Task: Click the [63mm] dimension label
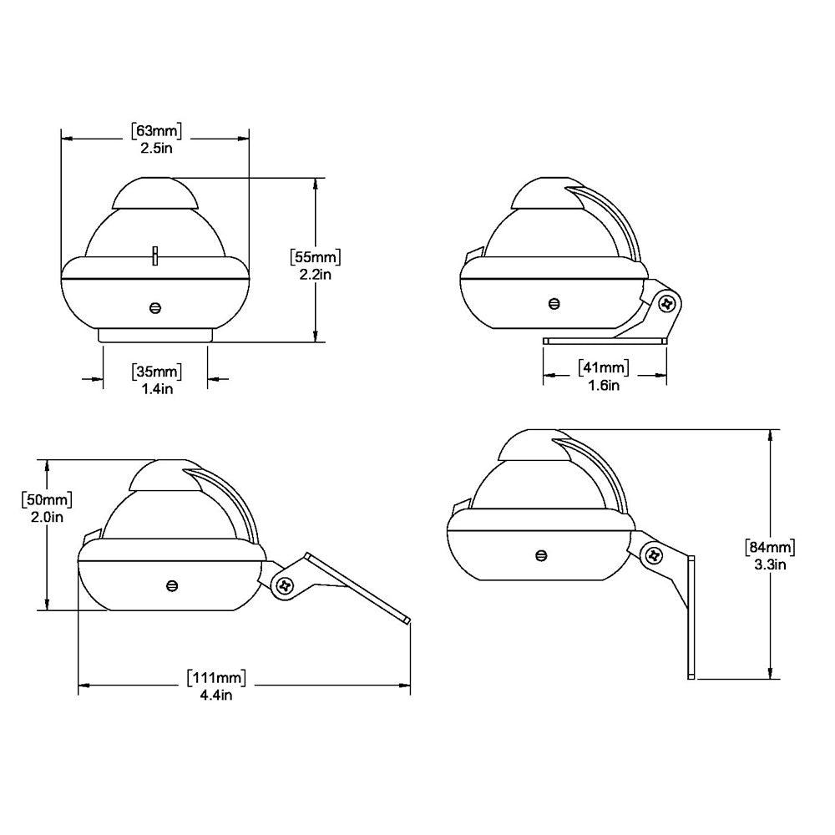(156, 130)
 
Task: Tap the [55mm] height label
(315, 256)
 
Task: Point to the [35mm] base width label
(156, 371)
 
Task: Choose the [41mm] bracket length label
(603, 367)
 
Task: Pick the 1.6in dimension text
(603, 385)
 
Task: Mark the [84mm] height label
(769, 547)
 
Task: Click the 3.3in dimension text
(769, 564)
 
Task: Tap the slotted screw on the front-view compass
(155, 307)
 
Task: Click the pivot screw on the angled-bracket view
(285, 585)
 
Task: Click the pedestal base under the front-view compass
(155, 335)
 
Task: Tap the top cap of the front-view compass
(155, 194)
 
